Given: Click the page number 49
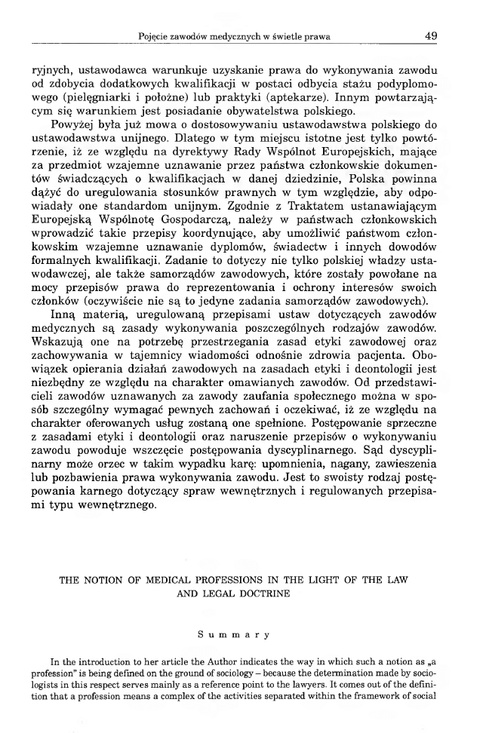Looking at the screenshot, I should (x=431, y=35).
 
